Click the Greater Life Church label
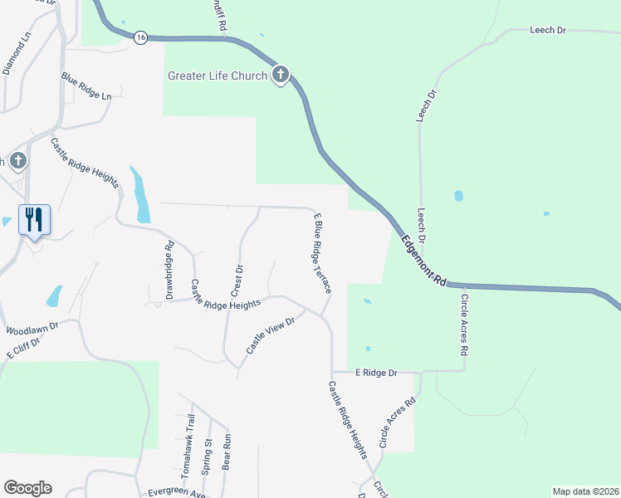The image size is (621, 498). (x=218, y=76)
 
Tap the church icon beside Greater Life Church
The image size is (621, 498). (x=281, y=76)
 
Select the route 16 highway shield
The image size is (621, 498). (x=141, y=37)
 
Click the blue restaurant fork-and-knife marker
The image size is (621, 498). (x=34, y=220)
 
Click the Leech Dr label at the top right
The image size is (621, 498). (x=547, y=30)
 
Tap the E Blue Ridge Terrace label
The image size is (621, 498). (x=322, y=253)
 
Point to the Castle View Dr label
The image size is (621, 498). (x=270, y=336)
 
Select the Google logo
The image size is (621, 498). (x=27, y=488)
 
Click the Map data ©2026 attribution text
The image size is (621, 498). (x=584, y=491)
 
